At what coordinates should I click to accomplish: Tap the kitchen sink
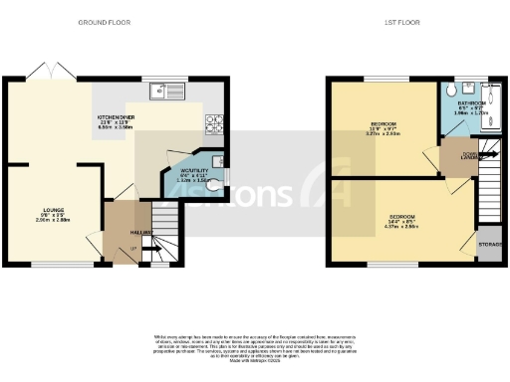pos(161,93)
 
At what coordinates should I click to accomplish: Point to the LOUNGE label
pos(54,210)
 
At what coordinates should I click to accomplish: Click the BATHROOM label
pos(471,102)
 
